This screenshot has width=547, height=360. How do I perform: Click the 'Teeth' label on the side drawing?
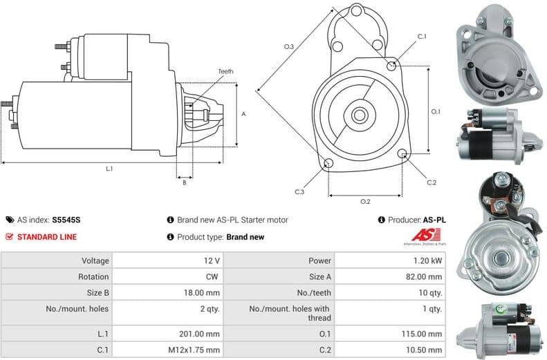(x=225, y=72)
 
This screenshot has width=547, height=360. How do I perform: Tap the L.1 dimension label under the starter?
(x=109, y=169)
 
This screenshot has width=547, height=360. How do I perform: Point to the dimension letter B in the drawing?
(x=184, y=182)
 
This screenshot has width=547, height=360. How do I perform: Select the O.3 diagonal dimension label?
(x=289, y=46)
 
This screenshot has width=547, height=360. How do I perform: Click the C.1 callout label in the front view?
(x=422, y=36)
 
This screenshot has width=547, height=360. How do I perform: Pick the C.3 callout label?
(x=299, y=192)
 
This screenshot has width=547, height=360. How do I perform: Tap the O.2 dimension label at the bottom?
(x=366, y=202)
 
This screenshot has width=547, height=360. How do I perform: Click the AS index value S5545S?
(x=66, y=220)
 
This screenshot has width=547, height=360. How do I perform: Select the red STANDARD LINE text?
(x=46, y=237)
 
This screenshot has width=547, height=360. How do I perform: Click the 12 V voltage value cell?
(x=212, y=260)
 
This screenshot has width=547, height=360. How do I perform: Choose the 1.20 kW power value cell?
(x=429, y=260)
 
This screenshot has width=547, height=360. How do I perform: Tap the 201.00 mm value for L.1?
(x=203, y=333)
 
